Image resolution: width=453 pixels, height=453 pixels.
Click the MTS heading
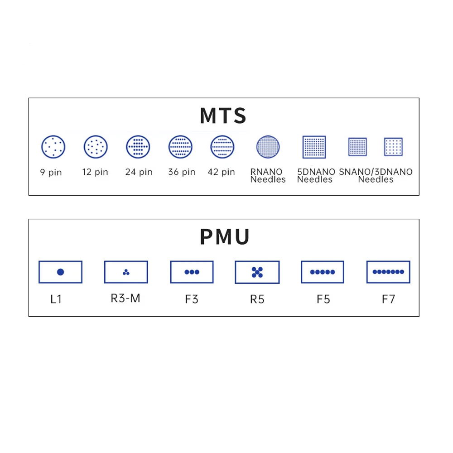pos(223,116)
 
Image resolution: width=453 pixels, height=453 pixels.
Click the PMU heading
pos(224,236)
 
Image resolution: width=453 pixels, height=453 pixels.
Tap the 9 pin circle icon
pos(53,147)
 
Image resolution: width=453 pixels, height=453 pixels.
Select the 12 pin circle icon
pos(96,147)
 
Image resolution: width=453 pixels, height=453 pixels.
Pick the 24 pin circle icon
pos(138,147)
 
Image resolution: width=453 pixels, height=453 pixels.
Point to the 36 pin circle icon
pos(180,147)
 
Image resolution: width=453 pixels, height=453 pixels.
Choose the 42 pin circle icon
pos(222,147)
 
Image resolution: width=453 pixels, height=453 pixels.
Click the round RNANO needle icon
pos(268,147)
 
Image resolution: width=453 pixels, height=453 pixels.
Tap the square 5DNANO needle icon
pos(314,147)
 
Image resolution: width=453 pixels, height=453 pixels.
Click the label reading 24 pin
pos(139,172)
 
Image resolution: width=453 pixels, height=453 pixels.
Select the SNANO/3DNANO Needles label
pos(376,176)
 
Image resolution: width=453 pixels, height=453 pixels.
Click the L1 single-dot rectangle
pos(60,272)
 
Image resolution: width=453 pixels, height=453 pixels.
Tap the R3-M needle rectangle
pos(126,272)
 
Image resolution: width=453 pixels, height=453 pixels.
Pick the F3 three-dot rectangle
pos(192,272)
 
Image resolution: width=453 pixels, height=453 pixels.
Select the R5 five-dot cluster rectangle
pos(257,272)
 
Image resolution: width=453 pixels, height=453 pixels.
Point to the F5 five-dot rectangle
pos(323,272)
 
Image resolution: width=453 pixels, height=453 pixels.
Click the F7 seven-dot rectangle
pos(388,272)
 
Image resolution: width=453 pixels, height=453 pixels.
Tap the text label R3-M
pos(125,299)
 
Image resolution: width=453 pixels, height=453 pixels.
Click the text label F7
pos(388,299)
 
